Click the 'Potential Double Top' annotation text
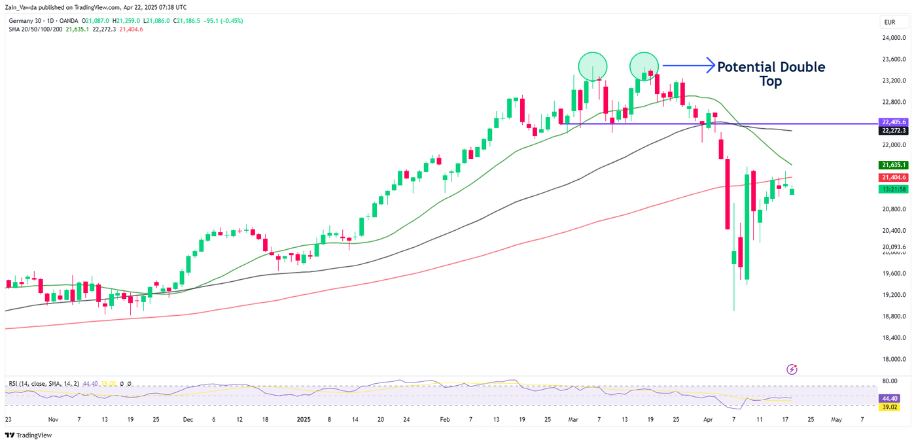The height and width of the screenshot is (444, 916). (771, 73)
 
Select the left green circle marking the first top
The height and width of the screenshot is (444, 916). (593, 66)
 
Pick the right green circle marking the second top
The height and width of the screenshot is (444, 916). (644, 66)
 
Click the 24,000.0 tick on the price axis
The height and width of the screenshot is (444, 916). (894, 38)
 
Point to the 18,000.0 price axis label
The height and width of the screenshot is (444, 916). (894, 359)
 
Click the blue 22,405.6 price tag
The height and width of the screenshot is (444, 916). (894, 122)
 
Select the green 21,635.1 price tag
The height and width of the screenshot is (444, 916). (894, 165)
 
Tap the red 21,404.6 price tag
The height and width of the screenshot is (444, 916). (894, 177)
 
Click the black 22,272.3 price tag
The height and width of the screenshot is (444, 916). (894, 131)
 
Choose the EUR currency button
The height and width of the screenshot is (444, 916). (889, 22)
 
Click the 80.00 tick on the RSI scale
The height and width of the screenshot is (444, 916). (889, 381)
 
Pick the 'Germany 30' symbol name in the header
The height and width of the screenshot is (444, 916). (24, 21)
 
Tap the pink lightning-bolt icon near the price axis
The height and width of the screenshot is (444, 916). (792, 369)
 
